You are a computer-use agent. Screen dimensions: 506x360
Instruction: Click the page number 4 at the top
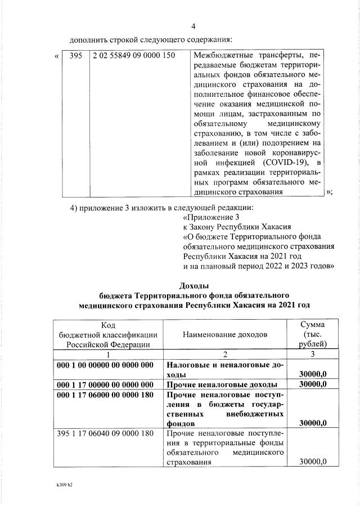193,26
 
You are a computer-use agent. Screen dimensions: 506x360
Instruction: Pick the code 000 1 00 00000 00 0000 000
105,365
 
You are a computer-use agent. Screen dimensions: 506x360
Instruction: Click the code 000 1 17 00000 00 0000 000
105,384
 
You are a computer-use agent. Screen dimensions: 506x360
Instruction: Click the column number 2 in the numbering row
224,355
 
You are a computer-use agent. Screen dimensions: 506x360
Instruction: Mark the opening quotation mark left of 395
56,56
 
